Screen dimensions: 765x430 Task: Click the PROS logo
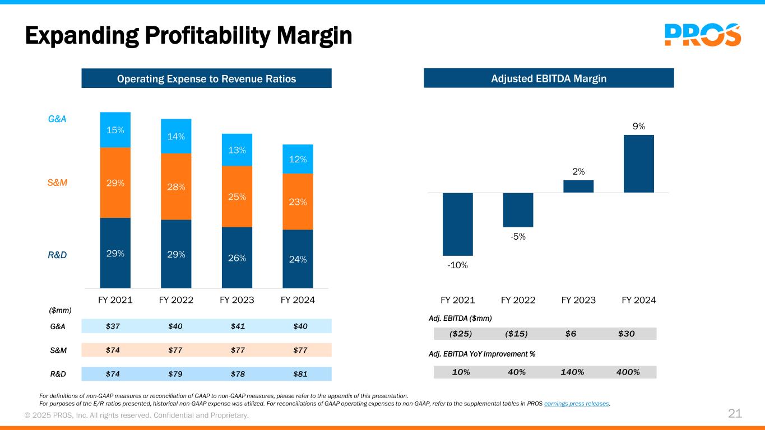coord(703,35)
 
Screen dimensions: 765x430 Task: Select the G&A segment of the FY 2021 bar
coord(115,130)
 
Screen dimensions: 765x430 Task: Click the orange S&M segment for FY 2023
coord(237,197)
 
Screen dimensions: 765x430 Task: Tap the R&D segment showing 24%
coord(298,259)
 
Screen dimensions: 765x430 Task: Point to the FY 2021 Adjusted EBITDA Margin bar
coord(458,224)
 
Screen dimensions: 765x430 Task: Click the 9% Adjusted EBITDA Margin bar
coord(639,164)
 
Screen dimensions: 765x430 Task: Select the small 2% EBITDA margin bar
coord(578,186)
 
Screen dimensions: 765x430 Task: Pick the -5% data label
coord(518,236)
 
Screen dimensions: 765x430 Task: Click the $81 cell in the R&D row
coord(300,374)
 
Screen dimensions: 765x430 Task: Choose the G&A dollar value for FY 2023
coord(238,326)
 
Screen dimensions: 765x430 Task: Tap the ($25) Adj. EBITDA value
coord(460,334)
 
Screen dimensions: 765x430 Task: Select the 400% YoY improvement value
coord(628,372)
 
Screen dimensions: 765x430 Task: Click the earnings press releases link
coord(577,404)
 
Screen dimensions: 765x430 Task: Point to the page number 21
coord(735,414)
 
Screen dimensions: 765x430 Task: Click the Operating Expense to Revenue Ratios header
coord(206,78)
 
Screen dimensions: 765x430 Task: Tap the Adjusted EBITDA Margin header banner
coord(549,78)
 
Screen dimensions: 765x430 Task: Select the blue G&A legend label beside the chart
coord(57,119)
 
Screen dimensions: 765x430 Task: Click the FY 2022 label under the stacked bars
coord(176,300)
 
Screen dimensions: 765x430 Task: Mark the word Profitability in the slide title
coord(207,35)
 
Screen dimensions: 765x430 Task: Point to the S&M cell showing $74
coord(113,350)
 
